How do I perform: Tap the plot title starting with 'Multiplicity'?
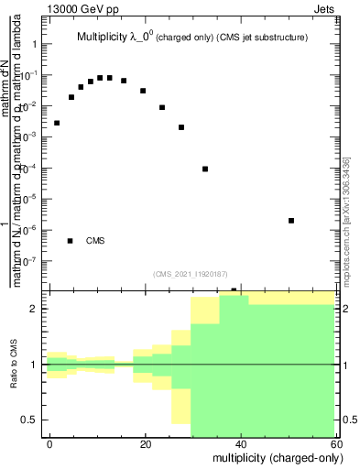191,38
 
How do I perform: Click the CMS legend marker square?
71,241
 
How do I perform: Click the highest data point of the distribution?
100,78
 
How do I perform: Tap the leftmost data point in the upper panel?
57,123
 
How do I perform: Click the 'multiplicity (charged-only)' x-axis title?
274,457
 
